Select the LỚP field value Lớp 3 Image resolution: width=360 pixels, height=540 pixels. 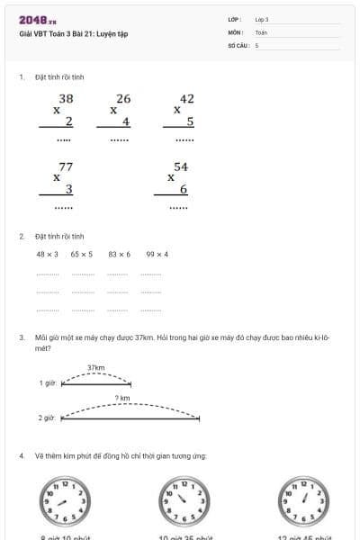(x=262, y=19)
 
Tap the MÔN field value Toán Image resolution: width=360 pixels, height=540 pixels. (x=261, y=31)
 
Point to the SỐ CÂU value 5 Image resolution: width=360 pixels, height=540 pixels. (x=256, y=44)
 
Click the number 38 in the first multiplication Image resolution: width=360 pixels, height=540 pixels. (x=66, y=98)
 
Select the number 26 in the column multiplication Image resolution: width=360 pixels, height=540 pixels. (x=123, y=98)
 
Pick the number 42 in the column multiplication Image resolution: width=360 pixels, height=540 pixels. (x=187, y=98)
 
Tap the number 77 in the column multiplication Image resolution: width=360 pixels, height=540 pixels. (x=66, y=166)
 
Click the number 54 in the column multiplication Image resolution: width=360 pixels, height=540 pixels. (x=181, y=166)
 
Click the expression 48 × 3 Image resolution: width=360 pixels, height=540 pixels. (x=47, y=254)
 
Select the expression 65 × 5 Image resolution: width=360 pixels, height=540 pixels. (x=82, y=254)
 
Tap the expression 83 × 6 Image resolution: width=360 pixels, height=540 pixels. (x=119, y=254)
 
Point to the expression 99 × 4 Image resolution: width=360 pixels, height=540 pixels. (x=157, y=254)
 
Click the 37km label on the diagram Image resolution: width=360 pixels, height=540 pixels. (x=96, y=367)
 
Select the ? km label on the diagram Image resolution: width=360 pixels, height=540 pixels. (x=122, y=398)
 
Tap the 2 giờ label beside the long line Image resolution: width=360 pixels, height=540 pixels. (x=47, y=418)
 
